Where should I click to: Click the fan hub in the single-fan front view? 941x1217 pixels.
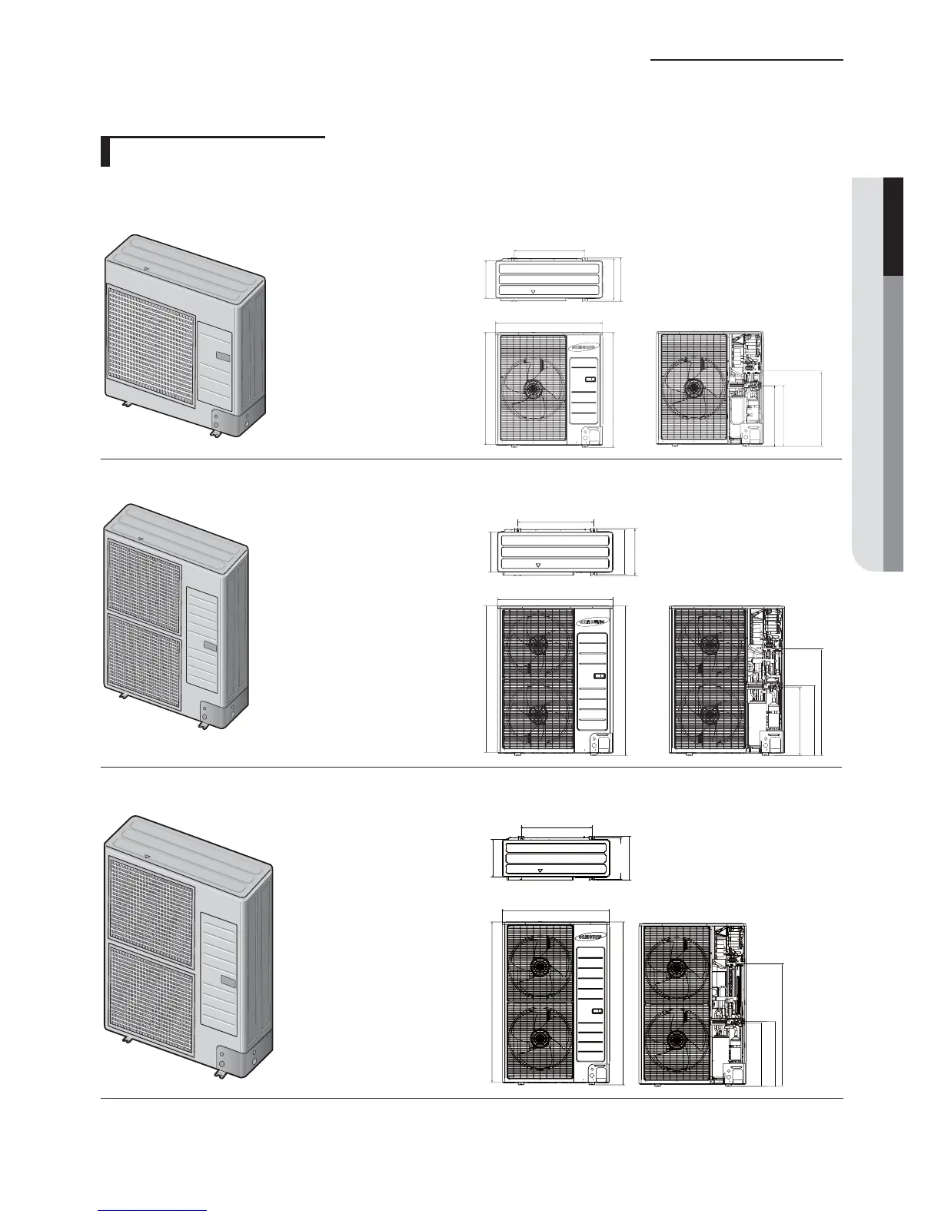[x=531, y=389]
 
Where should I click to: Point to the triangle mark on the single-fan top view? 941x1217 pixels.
[x=536, y=292]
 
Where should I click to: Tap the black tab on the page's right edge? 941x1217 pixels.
[x=892, y=226]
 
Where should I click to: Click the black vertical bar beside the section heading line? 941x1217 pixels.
[x=106, y=152]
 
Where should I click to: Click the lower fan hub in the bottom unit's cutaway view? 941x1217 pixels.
[x=676, y=1040]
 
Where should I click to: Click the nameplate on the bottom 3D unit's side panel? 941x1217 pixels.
[x=227, y=980]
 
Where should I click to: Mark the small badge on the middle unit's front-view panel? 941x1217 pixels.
[x=600, y=677]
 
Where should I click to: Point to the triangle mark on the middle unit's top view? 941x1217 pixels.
[x=537, y=564]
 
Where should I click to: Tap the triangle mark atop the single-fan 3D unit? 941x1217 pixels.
[x=146, y=270]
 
